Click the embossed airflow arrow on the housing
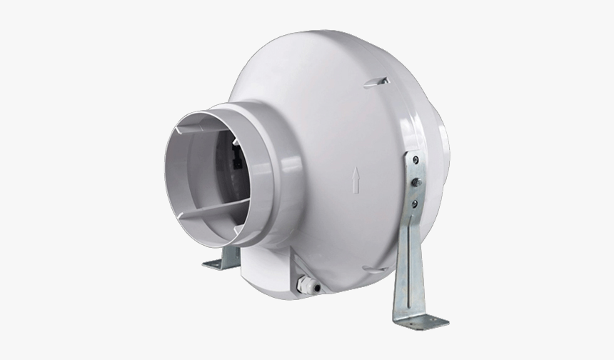pyautogui.click(x=356, y=180)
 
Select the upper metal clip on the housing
pyautogui.click(x=376, y=83)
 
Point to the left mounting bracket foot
pyautogui.click(x=218, y=264)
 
